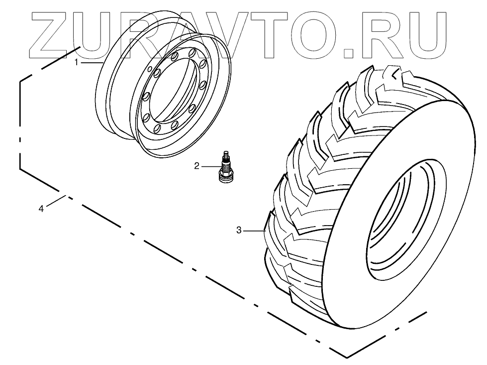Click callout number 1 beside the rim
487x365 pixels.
click(x=77, y=63)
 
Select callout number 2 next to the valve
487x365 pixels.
click(x=197, y=166)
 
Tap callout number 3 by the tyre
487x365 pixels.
click(x=239, y=230)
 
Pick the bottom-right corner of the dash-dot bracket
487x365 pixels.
click(x=346, y=357)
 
